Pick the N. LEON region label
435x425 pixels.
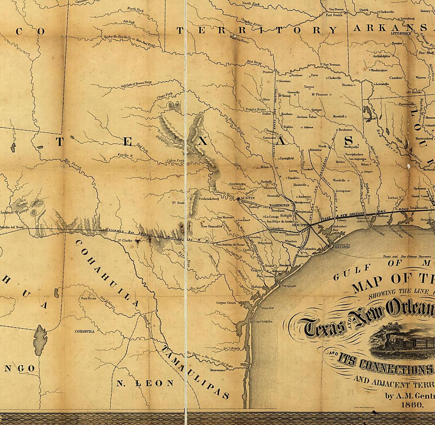pos(145,383)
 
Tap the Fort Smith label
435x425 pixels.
pos(333,15)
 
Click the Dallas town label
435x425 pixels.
pos(267,114)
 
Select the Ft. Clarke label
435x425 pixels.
pos(124,240)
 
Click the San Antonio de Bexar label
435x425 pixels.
pos(231,244)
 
